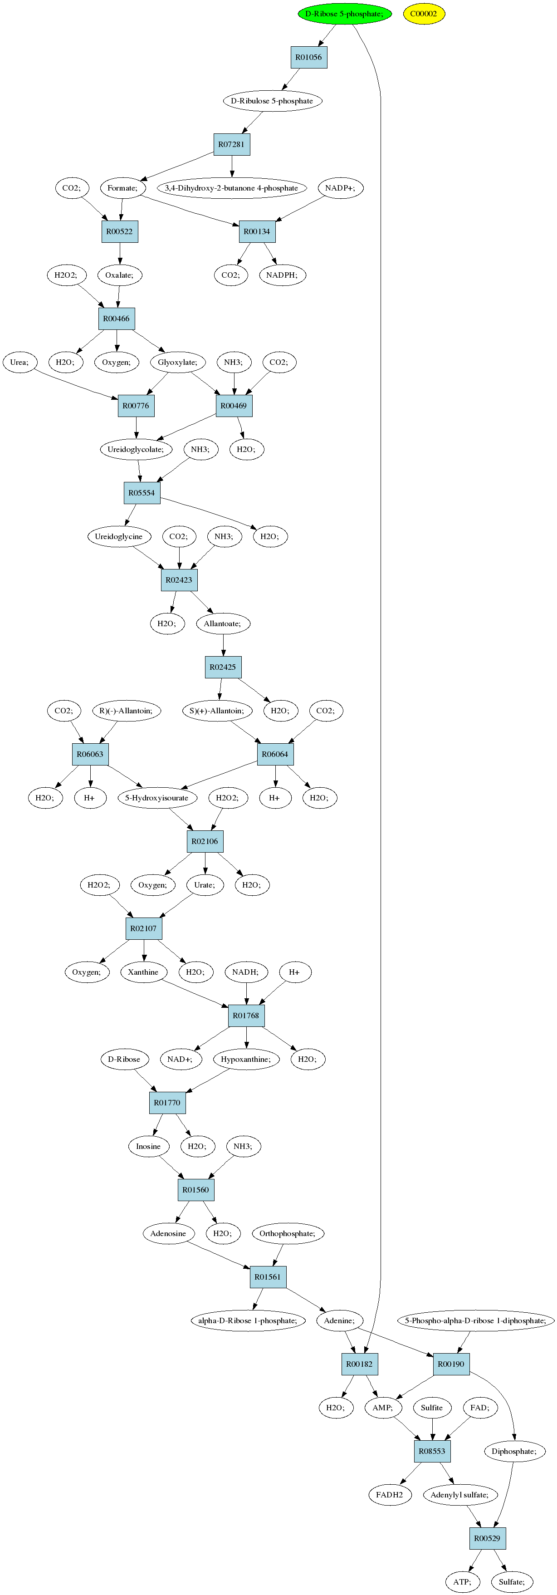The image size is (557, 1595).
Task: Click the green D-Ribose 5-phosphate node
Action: coord(344,14)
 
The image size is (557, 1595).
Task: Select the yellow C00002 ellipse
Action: coord(424,14)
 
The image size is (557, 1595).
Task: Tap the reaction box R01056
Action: coord(308,58)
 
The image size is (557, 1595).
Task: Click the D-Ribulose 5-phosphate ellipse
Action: coord(272,101)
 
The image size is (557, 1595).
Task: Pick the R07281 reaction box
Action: coord(231,144)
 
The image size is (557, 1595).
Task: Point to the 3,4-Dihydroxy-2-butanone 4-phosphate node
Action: coord(231,188)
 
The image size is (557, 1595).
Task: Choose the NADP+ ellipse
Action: coord(340,188)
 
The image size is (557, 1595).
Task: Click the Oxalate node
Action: coord(119,275)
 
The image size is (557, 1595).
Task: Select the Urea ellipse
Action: coord(19,362)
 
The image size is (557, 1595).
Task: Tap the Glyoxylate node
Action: coord(178,362)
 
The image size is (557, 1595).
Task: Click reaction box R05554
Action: coord(142,493)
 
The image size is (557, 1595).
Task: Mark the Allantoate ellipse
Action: coord(223,623)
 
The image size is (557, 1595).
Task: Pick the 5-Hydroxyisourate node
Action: coord(156,798)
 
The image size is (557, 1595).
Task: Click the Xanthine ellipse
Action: coord(143,972)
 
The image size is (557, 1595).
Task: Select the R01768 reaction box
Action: coord(246,1016)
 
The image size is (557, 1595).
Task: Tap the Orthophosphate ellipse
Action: coord(287,1233)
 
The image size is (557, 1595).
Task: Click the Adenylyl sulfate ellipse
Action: coord(459,1495)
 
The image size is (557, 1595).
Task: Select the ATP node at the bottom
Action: coord(462,1581)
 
